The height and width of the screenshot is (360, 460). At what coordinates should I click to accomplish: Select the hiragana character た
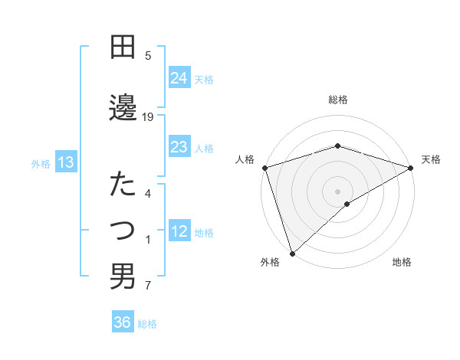pyautogui.click(x=123, y=184)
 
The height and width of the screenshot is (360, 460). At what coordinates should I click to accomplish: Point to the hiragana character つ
pyautogui.click(x=123, y=229)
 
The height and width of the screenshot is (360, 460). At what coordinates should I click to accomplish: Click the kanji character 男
pyautogui.click(x=123, y=277)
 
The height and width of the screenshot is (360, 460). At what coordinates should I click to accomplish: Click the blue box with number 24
pyautogui.click(x=179, y=78)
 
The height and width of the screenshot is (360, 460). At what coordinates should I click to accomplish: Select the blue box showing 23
pyautogui.click(x=179, y=147)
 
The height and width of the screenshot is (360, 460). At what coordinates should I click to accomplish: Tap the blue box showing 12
pyautogui.click(x=179, y=232)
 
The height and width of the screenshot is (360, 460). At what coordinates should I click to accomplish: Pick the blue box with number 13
pyautogui.click(x=65, y=162)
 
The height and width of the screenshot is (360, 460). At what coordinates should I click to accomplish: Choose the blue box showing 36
pyautogui.click(x=123, y=322)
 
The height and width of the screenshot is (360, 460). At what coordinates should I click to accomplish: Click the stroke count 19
pyautogui.click(x=148, y=116)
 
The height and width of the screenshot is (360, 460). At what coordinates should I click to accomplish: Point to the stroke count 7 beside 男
pyautogui.click(x=148, y=286)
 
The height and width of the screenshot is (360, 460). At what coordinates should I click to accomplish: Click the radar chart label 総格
pyautogui.click(x=338, y=100)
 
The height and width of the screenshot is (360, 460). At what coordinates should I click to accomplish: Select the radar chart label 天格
pyautogui.click(x=432, y=159)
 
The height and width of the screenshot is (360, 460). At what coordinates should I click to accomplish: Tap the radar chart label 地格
pyautogui.click(x=402, y=262)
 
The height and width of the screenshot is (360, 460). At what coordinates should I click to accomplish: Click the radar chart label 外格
pyautogui.click(x=270, y=262)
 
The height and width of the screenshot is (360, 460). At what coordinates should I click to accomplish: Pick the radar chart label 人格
pyautogui.click(x=245, y=159)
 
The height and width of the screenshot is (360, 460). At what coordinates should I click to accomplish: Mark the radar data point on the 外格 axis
pyautogui.click(x=291, y=254)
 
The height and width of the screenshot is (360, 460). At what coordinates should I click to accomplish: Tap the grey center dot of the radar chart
pyautogui.click(x=338, y=191)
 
